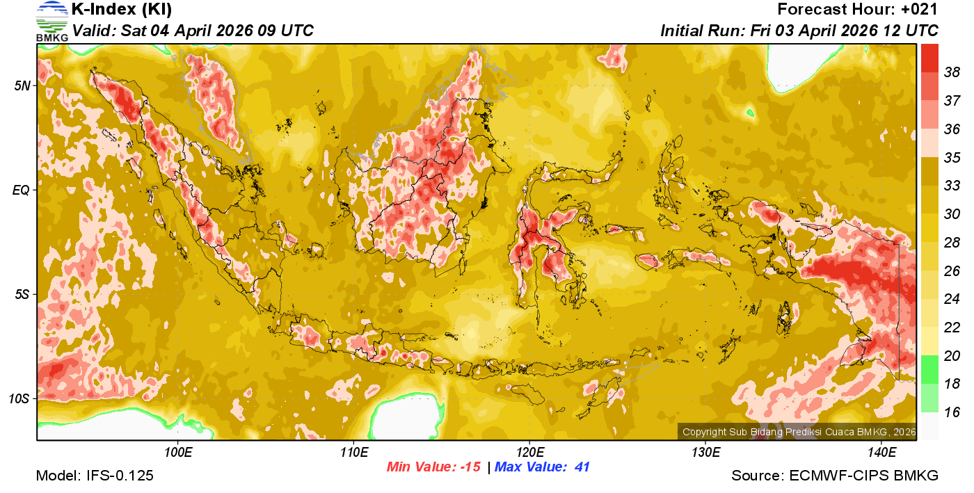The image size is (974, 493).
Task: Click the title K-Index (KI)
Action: [x=122, y=10]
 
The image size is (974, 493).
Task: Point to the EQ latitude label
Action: [x=22, y=189]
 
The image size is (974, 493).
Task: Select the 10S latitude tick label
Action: [x=20, y=398]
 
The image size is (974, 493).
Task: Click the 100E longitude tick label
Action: [x=177, y=453]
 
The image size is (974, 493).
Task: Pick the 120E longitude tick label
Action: [x=529, y=453]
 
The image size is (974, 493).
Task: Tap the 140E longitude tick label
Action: [x=881, y=453]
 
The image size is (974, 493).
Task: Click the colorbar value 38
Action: [x=952, y=72]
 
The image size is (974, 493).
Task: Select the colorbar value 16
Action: [x=952, y=412]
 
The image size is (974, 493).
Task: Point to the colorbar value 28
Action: [x=952, y=242]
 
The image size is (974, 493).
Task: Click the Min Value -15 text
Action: [x=434, y=467]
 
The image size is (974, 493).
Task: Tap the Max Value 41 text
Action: [x=542, y=467]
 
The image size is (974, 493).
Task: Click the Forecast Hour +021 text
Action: [x=858, y=10]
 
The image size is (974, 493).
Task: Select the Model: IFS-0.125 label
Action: [x=95, y=476]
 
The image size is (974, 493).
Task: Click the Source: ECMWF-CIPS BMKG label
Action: [x=835, y=476]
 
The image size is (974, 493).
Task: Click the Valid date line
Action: [x=193, y=31]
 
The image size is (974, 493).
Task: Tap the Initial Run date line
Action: [x=799, y=31]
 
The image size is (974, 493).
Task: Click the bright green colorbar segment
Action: [x=929, y=369]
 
